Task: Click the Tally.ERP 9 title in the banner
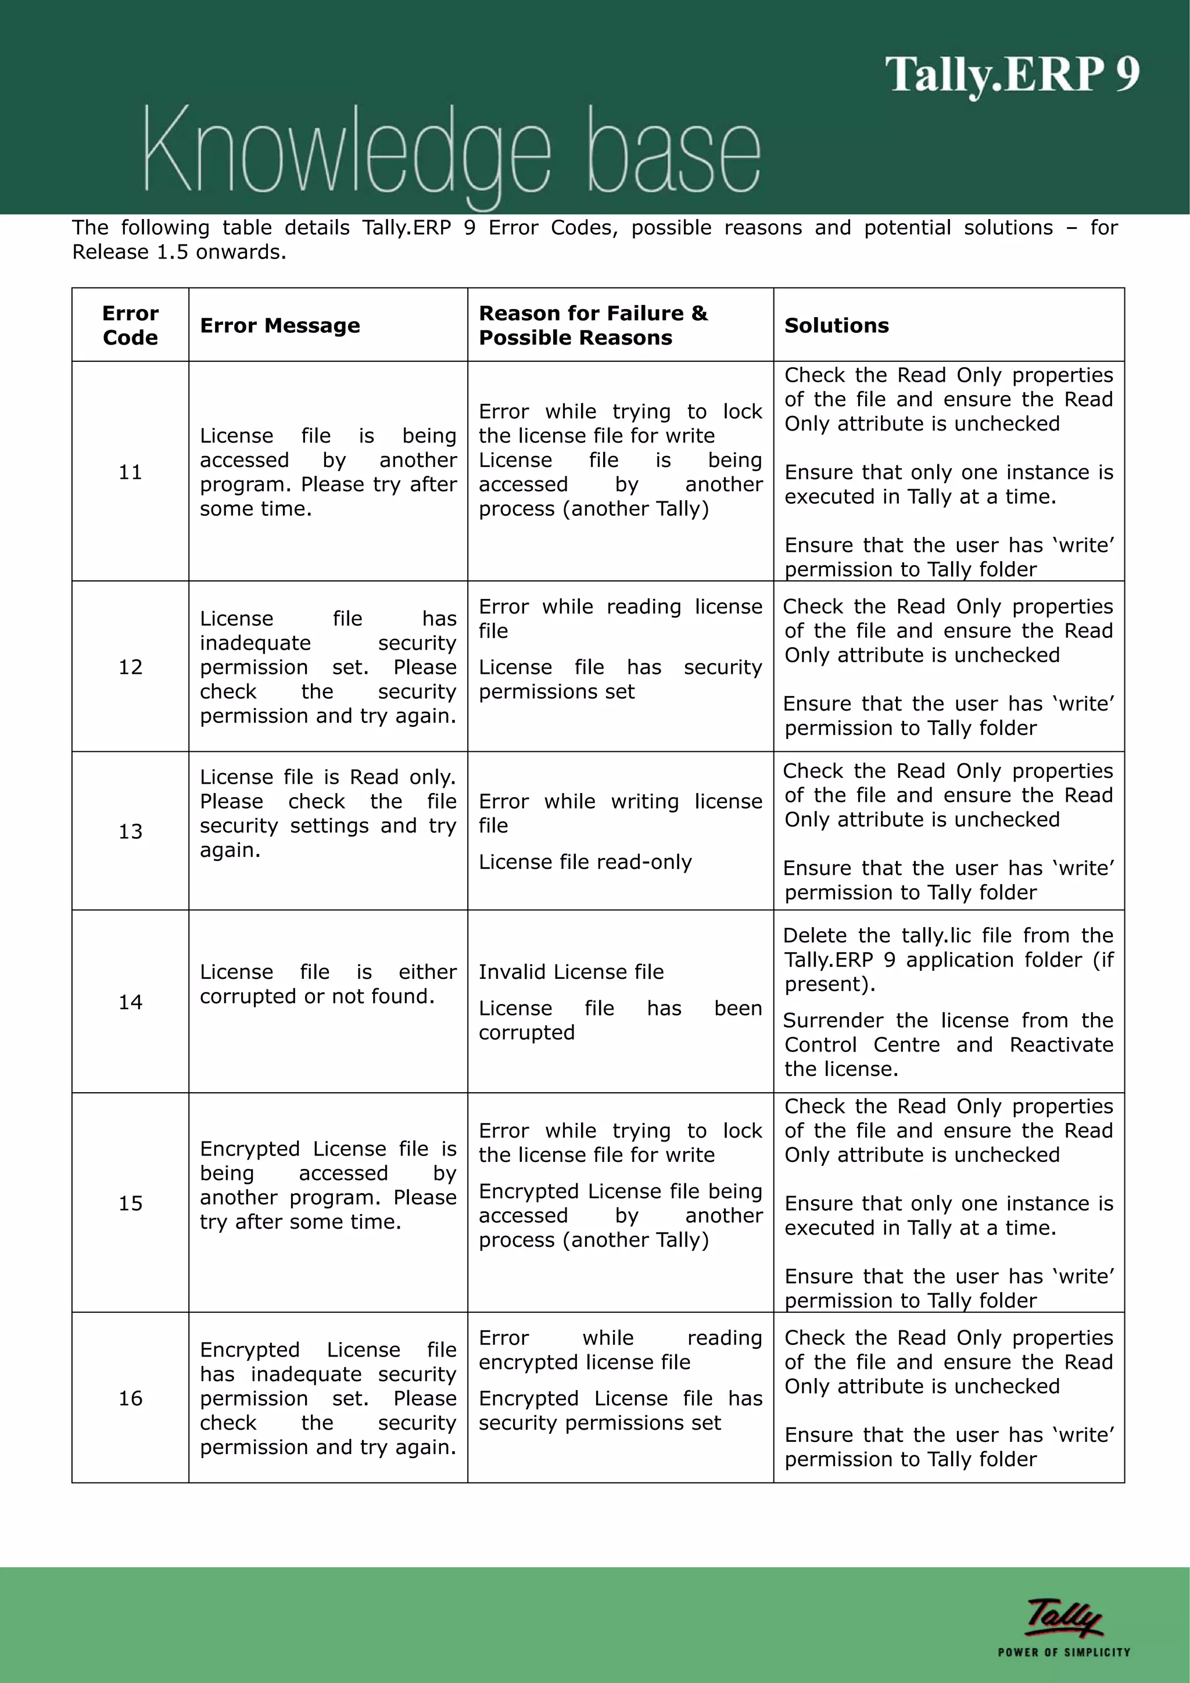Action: click(x=1012, y=75)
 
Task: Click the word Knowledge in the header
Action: click(x=345, y=150)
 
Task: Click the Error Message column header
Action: click(x=279, y=325)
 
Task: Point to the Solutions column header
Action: click(x=836, y=325)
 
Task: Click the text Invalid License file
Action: click(x=571, y=972)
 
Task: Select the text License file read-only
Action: click(x=585, y=862)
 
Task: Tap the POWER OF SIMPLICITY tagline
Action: click(x=1063, y=1652)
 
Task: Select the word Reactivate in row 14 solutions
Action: click(x=1061, y=1045)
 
